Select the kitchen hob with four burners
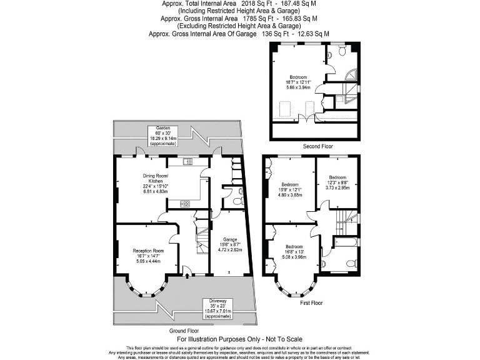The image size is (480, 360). (185, 204)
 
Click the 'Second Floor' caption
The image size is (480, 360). (316, 146)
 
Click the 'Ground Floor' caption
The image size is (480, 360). (184, 330)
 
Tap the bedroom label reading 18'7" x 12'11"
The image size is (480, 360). (297, 82)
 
